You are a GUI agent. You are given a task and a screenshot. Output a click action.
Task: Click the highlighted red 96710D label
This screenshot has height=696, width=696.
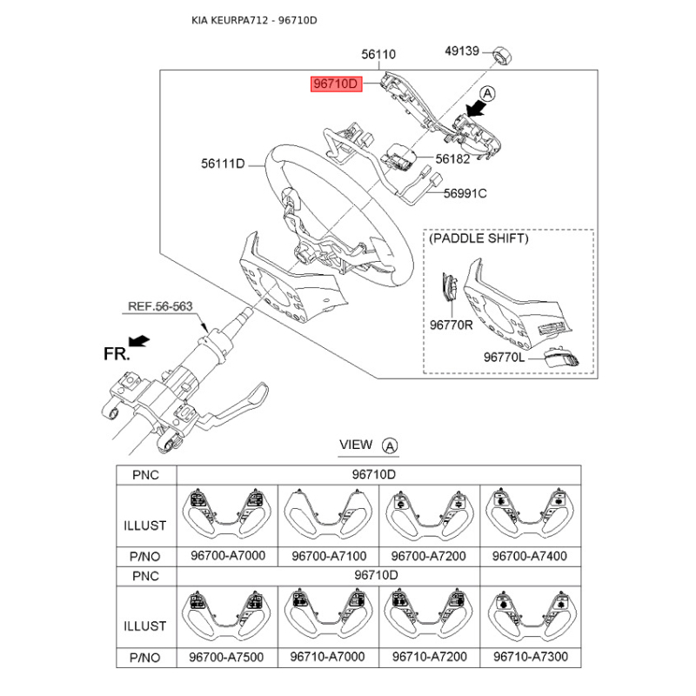click(336, 84)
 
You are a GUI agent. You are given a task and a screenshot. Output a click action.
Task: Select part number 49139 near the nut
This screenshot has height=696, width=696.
click(462, 51)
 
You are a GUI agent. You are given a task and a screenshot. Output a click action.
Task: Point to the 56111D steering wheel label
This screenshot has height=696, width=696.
click(223, 164)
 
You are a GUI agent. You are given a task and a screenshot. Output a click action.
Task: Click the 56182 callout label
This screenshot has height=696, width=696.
click(452, 159)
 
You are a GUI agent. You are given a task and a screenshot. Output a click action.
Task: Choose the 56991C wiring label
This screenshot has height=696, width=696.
click(465, 193)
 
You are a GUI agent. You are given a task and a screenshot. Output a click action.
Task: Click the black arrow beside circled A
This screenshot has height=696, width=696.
click(475, 109)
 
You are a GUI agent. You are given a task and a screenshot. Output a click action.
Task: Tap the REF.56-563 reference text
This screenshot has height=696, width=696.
click(160, 306)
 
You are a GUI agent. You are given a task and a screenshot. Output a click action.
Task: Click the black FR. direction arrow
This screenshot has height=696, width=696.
click(139, 340)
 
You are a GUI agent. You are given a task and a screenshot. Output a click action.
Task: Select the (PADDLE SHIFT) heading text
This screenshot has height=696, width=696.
click(478, 238)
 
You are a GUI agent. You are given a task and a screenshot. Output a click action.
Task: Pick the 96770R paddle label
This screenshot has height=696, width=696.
click(451, 325)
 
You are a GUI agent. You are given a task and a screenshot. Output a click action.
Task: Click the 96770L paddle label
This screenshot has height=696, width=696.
click(504, 357)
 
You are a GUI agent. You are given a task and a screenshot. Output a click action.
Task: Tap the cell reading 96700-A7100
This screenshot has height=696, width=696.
click(329, 556)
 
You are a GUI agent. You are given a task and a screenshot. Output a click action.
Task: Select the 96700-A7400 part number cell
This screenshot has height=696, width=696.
click(530, 556)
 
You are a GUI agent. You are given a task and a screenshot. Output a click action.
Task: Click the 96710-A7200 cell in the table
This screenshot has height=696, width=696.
click(430, 657)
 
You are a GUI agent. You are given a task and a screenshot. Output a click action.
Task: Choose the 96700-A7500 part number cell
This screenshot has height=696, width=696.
click(226, 657)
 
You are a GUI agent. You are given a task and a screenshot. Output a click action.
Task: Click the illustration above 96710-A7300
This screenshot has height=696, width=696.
click(532, 616)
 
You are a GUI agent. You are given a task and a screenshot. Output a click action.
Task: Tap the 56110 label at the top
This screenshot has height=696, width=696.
click(378, 54)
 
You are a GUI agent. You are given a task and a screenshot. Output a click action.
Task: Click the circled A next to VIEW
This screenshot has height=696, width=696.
click(390, 445)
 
